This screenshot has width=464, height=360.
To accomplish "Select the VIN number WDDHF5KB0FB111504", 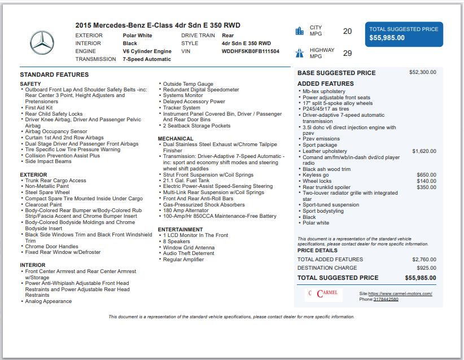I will pyautogui.click(x=250, y=51).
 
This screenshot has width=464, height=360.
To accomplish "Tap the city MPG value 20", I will pyautogui.click(x=347, y=32).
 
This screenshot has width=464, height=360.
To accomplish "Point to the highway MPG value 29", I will pyautogui.click(x=347, y=54).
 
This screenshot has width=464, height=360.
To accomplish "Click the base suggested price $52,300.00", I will pyautogui.click(x=422, y=72).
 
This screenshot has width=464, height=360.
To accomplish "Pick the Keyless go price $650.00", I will pyautogui.click(x=426, y=175).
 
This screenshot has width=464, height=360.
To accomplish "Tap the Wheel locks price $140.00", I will pyautogui.click(x=426, y=181).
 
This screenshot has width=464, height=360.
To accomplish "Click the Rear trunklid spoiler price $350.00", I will pyautogui.click(x=426, y=187).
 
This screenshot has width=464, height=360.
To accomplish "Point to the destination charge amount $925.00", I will pyautogui.click(x=426, y=268).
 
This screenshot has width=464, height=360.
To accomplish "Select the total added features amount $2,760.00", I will pyautogui.click(x=424, y=260).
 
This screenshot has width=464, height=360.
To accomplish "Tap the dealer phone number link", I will pyautogui.click(x=386, y=299).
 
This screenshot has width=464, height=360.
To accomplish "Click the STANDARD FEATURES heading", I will pyautogui.click(x=54, y=74).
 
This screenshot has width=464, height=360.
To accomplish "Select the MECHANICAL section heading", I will pyautogui.click(x=176, y=139).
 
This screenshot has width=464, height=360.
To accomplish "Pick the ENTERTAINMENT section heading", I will pyautogui.click(x=180, y=230).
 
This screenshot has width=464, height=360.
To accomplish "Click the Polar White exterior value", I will pyautogui.click(x=137, y=36).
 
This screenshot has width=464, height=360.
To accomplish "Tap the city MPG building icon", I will pyautogui.click(x=299, y=31).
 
